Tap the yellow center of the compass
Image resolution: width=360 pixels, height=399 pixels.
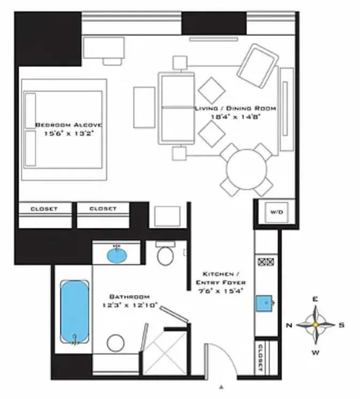point(316,325)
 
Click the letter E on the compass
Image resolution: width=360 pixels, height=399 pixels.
point(316,300)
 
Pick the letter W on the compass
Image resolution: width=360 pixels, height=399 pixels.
point(316,351)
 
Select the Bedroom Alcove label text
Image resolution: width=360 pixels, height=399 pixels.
point(68,125)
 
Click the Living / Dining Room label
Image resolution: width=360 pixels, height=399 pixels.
point(235,109)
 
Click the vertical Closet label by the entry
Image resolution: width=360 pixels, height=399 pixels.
point(261,357)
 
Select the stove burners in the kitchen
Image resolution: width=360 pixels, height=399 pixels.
point(266,262)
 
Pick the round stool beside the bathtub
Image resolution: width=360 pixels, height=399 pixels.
point(116,342)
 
